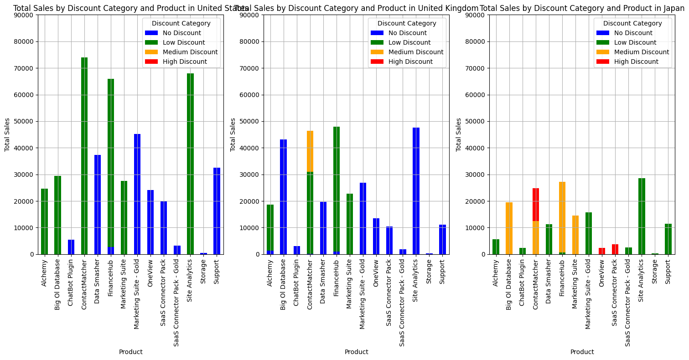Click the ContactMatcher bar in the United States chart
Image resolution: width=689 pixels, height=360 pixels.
click(x=84, y=155)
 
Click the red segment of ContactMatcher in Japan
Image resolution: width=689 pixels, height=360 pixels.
click(x=536, y=205)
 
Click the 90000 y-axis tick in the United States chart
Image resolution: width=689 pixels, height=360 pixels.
click(x=26, y=15)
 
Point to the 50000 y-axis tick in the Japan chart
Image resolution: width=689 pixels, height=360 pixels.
click(x=477, y=122)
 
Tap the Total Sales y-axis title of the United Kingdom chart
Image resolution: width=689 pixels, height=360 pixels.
click(x=233, y=134)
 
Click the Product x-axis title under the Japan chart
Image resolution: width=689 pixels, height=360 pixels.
click(x=582, y=352)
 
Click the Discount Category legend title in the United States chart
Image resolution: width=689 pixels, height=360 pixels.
click(x=181, y=23)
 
